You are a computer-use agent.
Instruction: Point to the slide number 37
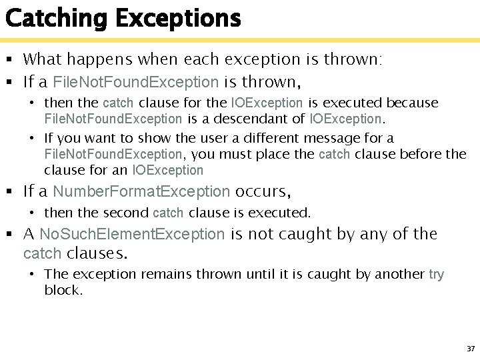[x=471, y=349]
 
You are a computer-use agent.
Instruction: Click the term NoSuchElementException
[x=132, y=234]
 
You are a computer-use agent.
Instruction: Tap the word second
[x=126, y=213]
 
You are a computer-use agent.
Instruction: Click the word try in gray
[x=437, y=274]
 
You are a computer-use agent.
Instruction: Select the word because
[x=413, y=103]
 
